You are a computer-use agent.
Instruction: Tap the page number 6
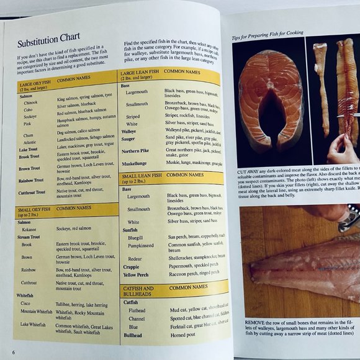tap(12, 351)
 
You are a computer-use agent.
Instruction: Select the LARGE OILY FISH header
tap(35, 84)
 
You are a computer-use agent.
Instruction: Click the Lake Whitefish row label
tap(34, 324)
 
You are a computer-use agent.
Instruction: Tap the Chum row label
tap(28, 135)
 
